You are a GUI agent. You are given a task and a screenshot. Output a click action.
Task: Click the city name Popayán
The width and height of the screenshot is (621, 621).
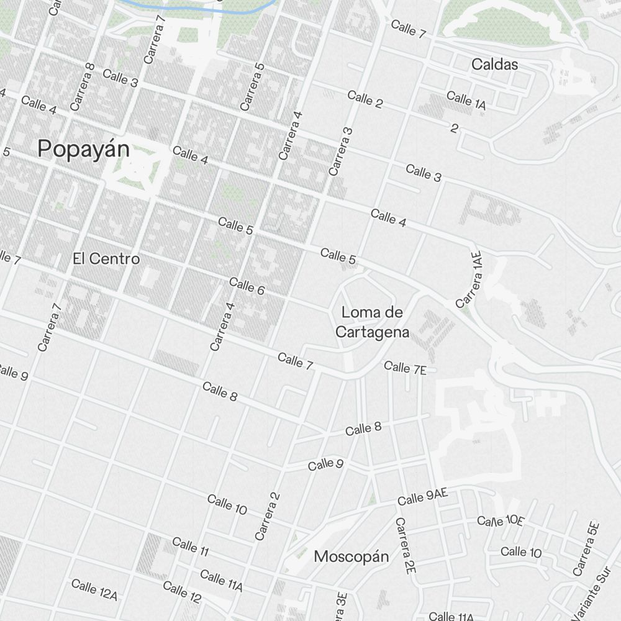(x=84, y=149)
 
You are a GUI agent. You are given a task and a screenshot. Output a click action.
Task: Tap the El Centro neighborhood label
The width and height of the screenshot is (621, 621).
(x=106, y=258)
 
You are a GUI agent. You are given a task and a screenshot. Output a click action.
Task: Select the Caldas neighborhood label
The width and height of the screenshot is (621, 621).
(x=494, y=64)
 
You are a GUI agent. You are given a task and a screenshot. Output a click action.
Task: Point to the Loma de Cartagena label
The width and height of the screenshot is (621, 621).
(x=373, y=322)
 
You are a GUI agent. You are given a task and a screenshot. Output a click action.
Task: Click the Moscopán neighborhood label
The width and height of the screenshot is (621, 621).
(x=351, y=556)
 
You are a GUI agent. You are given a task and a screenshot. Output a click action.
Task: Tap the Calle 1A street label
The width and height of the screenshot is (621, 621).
(x=466, y=100)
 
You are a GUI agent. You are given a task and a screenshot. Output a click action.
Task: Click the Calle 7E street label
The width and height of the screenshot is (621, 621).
(x=405, y=368)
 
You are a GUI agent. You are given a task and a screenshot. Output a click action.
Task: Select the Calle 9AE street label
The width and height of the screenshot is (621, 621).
(x=422, y=497)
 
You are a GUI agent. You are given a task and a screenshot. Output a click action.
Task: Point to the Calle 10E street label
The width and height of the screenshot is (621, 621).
(x=501, y=520)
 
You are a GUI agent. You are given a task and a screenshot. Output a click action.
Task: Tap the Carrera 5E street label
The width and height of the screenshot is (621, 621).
(x=587, y=548)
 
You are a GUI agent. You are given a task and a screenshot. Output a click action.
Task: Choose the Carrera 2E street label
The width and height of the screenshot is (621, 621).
(x=405, y=545)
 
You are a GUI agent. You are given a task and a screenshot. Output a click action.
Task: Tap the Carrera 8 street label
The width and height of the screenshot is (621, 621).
(x=82, y=87)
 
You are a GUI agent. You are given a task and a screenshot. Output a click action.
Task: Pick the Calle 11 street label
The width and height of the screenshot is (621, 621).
(x=190, y=546)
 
